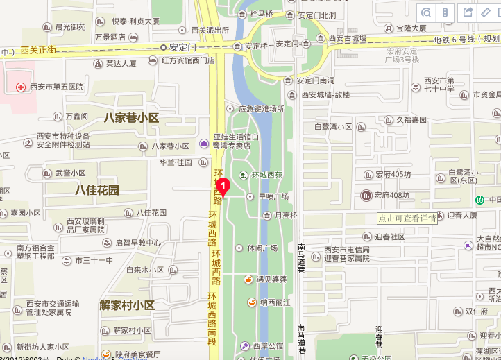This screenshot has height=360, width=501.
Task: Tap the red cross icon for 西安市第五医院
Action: [x=21, y=87]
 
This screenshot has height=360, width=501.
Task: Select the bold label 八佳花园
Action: [x=97, y=190]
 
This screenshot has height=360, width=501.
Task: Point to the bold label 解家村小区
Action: [x=127, y=305]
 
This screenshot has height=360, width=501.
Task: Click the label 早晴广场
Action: [x=273, y=196]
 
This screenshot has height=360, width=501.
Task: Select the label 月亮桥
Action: [x=286, y=216]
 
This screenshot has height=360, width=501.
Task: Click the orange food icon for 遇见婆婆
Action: [x=248, y=280]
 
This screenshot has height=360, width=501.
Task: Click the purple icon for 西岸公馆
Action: [x=244, y=345]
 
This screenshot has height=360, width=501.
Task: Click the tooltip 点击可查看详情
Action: [x=407, y=218]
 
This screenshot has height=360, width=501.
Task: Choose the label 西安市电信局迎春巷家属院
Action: [x=347, y=254]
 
